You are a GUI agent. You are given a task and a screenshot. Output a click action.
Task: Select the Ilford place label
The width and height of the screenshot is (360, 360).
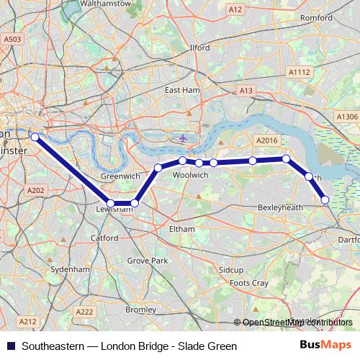point(199,48)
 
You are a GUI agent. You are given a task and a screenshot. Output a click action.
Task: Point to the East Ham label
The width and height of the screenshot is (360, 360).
point(181,91)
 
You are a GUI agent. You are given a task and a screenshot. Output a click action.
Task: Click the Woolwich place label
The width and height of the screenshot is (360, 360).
point(191,175)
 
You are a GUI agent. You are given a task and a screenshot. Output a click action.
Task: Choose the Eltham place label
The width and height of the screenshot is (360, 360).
point(181,229)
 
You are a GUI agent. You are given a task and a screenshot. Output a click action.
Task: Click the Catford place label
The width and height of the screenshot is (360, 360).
point(104,237)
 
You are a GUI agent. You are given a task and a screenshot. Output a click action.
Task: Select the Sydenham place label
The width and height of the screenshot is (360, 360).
point(75,269)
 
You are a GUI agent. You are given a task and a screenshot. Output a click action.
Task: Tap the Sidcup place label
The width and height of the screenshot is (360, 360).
point(231,269)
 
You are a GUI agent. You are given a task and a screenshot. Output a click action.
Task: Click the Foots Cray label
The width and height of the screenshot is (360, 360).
point(248,284)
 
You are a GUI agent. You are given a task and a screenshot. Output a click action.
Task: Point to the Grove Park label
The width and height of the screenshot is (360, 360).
point(147,260)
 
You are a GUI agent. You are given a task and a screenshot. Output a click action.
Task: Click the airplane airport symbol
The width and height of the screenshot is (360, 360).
point(183,137)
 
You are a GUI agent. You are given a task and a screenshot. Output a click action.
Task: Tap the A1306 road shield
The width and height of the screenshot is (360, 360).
point(346,117)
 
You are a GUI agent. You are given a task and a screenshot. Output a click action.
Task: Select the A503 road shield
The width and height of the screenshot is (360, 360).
point(12,40)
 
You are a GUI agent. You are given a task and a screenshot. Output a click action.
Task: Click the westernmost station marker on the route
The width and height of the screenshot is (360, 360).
point(35,136)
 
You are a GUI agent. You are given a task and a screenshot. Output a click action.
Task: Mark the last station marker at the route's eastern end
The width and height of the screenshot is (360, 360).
point(325,199)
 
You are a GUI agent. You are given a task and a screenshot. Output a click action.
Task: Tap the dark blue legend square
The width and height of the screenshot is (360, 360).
point(11,346)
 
